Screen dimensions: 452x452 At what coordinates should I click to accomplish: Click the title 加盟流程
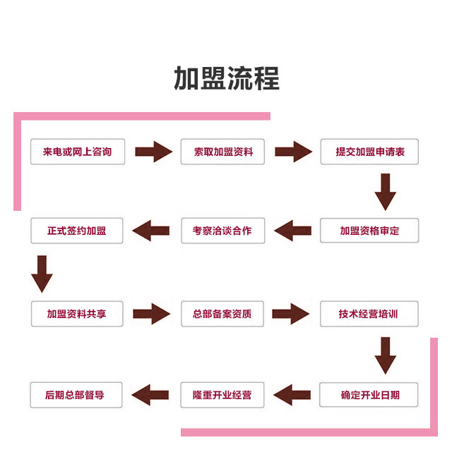pos(227,78)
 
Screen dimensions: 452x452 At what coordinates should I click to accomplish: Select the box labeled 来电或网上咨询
pos(78,152)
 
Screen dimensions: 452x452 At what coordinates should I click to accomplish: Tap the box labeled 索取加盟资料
pos(223,152)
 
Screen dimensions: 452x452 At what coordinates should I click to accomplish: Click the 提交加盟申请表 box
pos(369,152)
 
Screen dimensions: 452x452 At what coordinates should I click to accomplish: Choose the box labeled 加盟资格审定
pos(369,231)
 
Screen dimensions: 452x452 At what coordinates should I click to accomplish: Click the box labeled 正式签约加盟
pos(77,231)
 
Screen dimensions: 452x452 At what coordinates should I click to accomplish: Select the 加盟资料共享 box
pos(77,314)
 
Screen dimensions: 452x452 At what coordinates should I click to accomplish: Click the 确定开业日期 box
pos(369,395)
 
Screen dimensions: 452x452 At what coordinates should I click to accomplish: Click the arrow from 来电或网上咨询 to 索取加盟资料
pos(153,152)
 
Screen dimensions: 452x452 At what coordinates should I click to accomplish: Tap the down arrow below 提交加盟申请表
pos(385,191)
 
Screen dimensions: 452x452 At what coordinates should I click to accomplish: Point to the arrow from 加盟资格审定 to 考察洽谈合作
pos(293,231)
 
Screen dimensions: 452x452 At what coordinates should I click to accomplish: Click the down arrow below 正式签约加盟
pos(42,274)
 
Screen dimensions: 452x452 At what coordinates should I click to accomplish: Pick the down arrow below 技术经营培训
pos(385,355)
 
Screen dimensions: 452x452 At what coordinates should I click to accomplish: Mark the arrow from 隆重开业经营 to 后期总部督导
pos(151,395)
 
